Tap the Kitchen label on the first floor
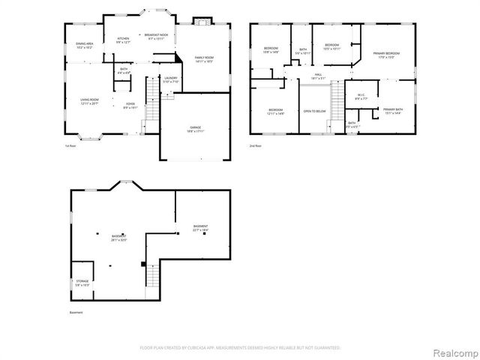(x=123, y=40)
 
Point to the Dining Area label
(x=84, y=46)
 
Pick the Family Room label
(x=204, y=60)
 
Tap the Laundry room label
(x=170, y=79)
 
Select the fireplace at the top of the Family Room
(x=200, y=21)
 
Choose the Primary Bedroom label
(x=386, y=55)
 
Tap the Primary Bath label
(x=392, y=111)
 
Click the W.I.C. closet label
(x=360, y=96)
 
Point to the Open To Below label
(x=314, y=110)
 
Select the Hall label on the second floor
(x=318, y=76)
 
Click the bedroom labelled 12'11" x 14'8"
(x=276, y=112)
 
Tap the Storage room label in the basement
(x=82, y=283)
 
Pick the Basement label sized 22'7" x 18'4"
(x=200, y=228)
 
